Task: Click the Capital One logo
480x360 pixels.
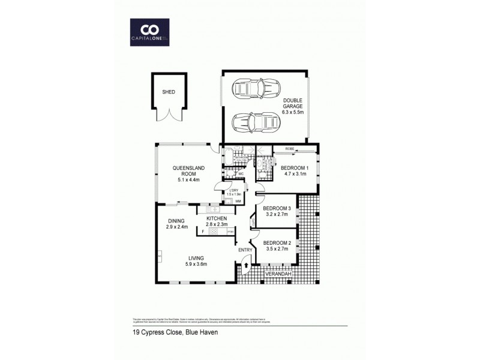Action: click(149, 32)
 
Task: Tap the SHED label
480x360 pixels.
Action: click(169, 92)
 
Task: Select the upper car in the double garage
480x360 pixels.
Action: click(256, 89)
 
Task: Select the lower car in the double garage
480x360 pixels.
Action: click(256, 122)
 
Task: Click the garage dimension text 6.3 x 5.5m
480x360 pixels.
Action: click(293, 112)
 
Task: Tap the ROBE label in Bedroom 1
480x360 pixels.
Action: click(289, 148)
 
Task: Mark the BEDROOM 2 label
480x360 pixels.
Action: click(277, 243)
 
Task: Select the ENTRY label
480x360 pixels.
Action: click(245, 250)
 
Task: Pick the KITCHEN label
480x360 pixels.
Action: click(215, 218)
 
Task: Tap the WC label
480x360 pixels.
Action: click(240, 175)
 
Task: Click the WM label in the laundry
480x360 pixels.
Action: click(238, 201)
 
